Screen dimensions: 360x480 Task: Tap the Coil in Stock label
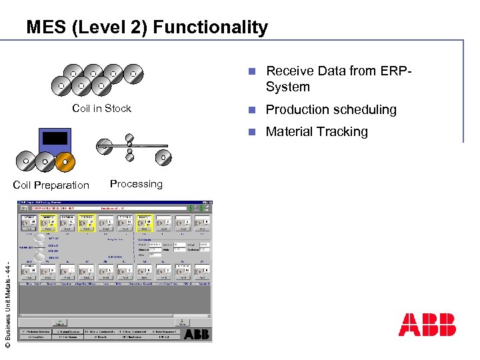101,109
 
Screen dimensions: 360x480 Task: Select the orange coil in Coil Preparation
65,161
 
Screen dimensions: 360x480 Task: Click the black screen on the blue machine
55,138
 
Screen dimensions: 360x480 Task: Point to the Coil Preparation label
51,185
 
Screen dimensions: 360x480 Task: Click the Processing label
136,184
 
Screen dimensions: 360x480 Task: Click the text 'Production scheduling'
331,109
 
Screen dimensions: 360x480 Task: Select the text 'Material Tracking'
317,132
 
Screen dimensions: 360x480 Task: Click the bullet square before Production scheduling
250,110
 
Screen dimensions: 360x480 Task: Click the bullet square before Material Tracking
250,132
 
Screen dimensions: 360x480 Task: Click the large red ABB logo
427,325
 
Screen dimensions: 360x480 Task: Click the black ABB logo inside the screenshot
197,334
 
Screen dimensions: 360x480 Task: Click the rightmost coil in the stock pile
133,73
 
